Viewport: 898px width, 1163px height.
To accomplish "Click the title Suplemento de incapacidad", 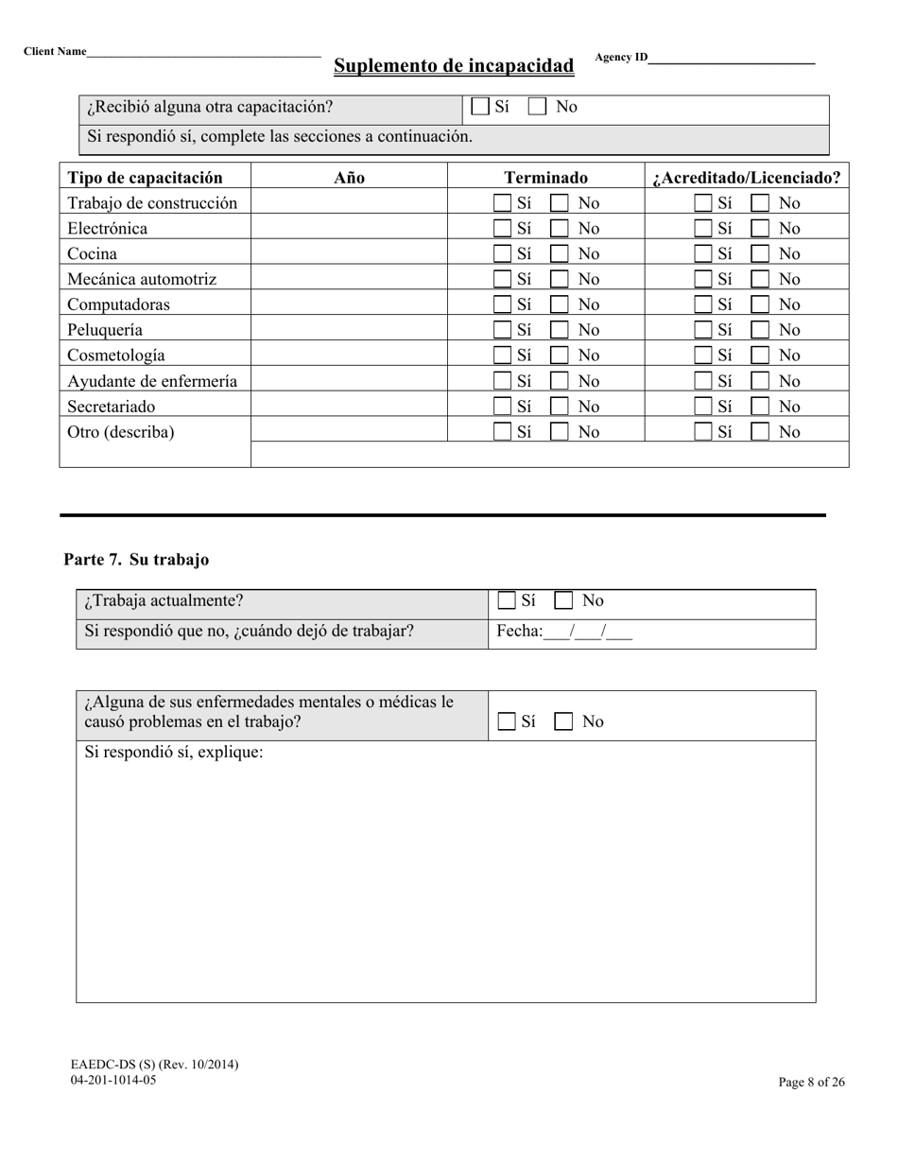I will (x=453, y=65).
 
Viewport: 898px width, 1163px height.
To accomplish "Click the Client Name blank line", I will (x=203, y=54).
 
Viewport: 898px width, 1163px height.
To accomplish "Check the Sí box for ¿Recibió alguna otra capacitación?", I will (x=480, y=107).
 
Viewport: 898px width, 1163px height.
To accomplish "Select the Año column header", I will (x=349, y=177).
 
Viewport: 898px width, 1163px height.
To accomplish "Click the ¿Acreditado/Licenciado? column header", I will (x=746, y=177).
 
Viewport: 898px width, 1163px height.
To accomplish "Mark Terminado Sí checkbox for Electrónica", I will (x=503, y=228).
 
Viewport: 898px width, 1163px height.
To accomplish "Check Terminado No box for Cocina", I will (x=560, y=253).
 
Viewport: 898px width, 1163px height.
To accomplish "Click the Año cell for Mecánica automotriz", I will (x=349, y=279).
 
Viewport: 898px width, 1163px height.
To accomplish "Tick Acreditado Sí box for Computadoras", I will (x=703, y=304).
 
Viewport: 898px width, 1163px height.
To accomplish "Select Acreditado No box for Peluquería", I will (x=760, y=330).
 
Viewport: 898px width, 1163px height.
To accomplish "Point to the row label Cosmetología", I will (x=116, y=356).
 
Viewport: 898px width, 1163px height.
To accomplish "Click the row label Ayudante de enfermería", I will (x=152, y=381).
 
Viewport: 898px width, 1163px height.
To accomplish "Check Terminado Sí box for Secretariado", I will (x=503, y=407).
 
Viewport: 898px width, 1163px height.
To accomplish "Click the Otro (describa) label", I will (x=121, y=432).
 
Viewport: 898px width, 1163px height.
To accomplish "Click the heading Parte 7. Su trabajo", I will (x=136, y=560).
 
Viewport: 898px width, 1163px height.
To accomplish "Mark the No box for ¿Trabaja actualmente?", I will (x=563, y=600).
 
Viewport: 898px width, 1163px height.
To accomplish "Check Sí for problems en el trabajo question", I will (x=507, y=721).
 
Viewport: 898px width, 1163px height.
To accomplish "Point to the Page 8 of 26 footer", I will (x=811, y=1083).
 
